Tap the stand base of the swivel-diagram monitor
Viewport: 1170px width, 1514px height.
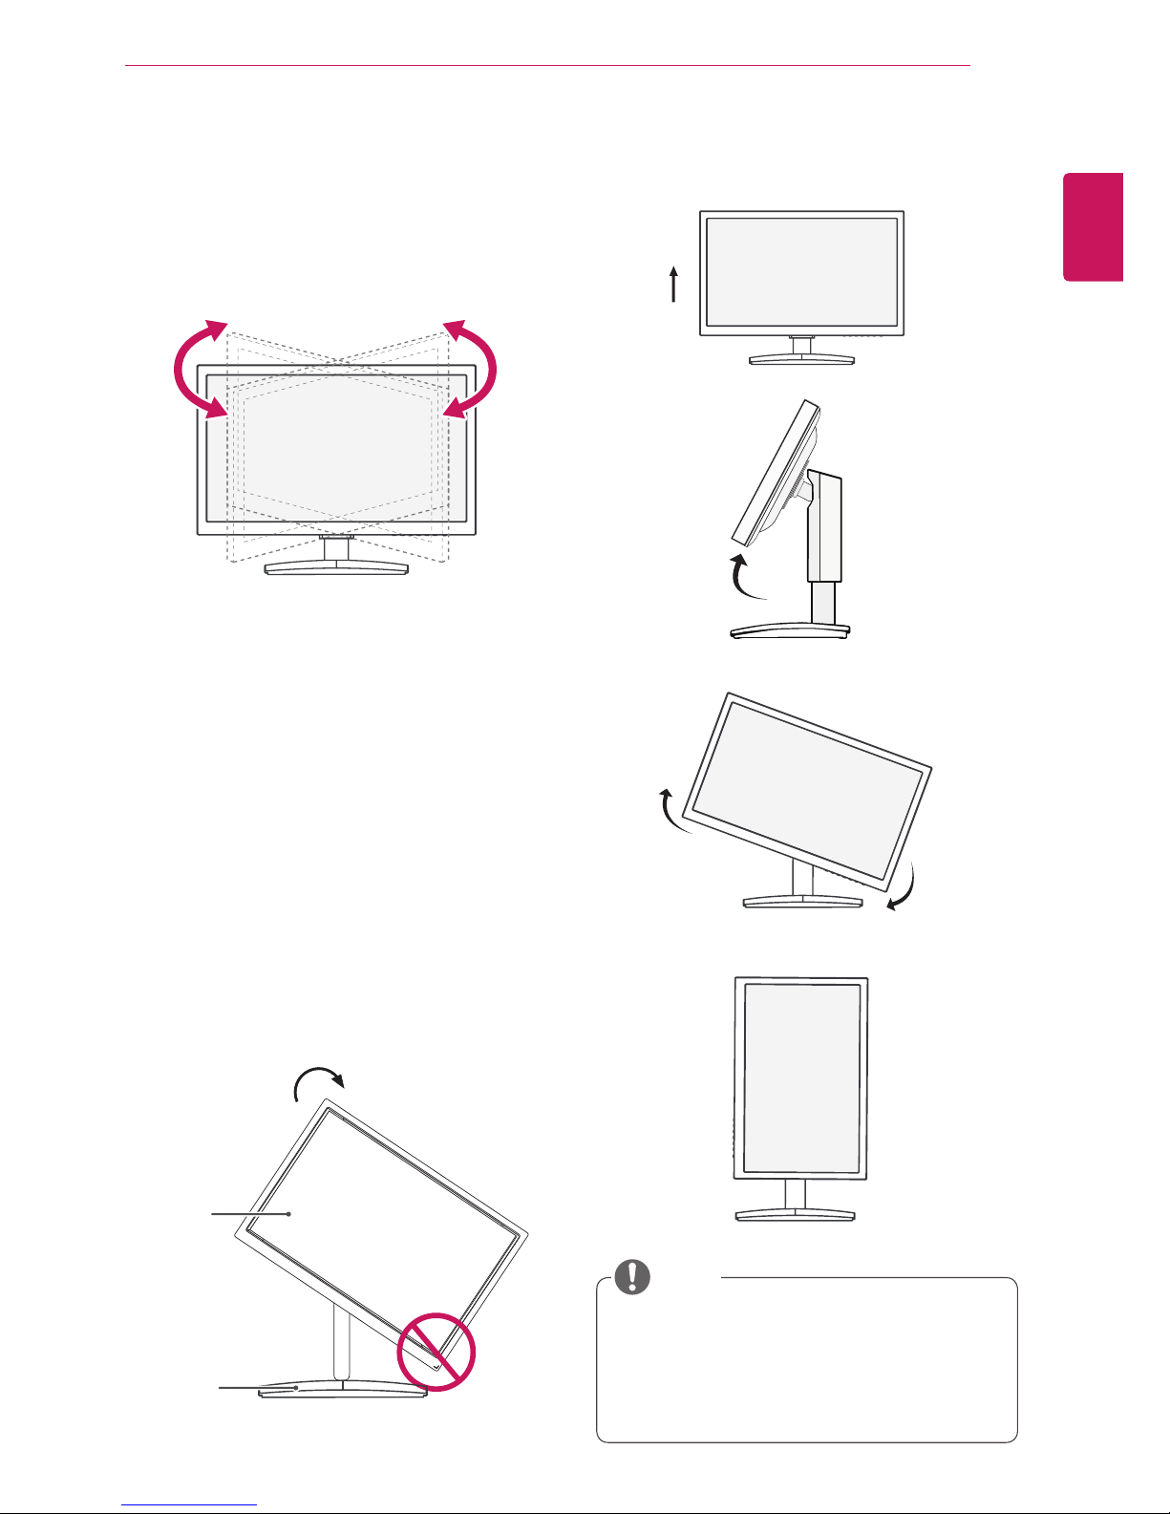336,567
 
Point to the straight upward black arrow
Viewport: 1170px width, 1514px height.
674,285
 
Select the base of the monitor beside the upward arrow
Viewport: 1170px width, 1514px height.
801,359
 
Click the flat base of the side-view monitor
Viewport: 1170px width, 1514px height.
789,631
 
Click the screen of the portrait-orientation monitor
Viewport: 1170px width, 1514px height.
801,1078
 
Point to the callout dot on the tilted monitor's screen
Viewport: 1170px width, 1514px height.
288,1214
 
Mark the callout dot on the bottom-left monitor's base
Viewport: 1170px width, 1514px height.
297,1388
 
